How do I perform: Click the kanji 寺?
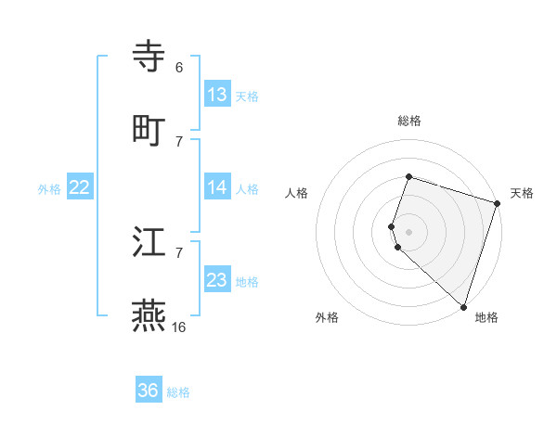click(x=149, y=58)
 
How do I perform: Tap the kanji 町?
click(x=149, y=130)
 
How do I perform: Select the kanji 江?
click(x=149, y=243)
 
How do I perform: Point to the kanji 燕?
click(x=149, y=315)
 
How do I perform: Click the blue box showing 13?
click(x=217, y=95)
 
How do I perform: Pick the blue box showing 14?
click(x=217, y=187)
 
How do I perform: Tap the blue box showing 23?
click(x=217, y=280)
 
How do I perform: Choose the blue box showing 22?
click(x=80, y=187)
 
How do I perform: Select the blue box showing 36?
click(x=149, y=391)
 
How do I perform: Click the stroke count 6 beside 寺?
click(x=178, y=68)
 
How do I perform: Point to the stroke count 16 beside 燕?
click(x=178, y=327)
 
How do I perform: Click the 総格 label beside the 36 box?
click(x=178, y=392)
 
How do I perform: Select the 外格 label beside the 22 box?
click(x=49, y=188)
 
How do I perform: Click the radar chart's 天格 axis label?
click(x=522, y=193)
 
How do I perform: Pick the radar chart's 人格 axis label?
click(x=296, y=193)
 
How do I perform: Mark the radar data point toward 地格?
click(x=463, y=306)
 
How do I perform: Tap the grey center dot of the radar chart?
click(x=408, y=231)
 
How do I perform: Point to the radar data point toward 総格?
click(x=408, y=176)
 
